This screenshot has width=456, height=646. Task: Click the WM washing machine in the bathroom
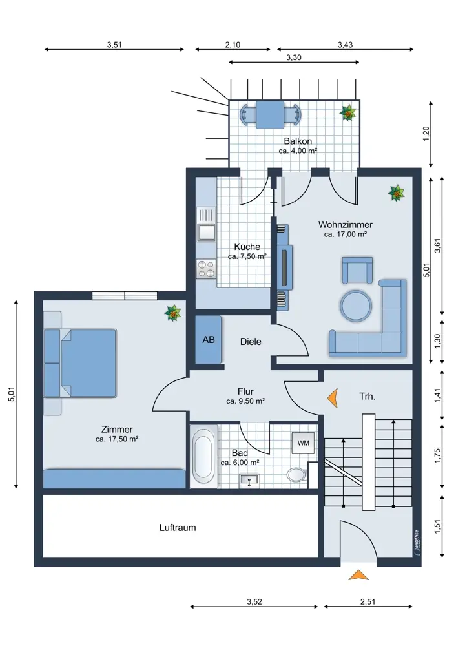[x=303, y=443]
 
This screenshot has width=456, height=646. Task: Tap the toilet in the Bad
[x=296, y=474]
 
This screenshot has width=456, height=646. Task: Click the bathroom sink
[x=249, y=479]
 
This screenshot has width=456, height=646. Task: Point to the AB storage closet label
[x=209, y=340]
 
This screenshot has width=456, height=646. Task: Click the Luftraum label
[x=178, y=528]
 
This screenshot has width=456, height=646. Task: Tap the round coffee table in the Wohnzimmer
[x=356, y=306]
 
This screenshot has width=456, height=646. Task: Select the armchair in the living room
[x=357, y=270]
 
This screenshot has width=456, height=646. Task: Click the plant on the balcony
[x=349, y=112]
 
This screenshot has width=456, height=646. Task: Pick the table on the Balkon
[x=270, y=114]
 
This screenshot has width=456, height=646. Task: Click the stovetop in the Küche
[x=206, y=269]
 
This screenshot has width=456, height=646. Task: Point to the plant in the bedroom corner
[x=173, y=313]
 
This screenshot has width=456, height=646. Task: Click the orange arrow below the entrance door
[x=358, y=575]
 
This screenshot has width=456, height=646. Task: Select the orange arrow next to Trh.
[x=333, y=398]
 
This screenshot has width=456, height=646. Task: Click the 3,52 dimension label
[x=254, y=601]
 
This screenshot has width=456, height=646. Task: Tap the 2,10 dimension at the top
[x=233, y=45]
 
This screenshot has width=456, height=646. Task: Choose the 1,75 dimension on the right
[x=437, y=455]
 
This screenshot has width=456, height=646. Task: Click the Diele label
[x=251, y=342]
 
